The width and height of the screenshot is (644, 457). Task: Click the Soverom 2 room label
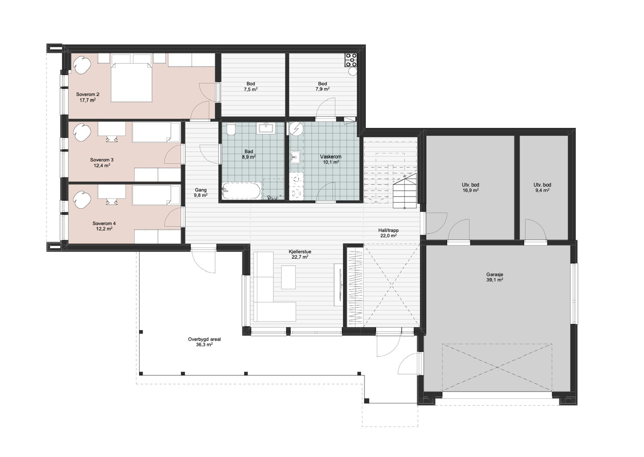pyautogui.click(x=88, y=94)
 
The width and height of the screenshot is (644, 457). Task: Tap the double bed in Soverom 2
pyautogui.click(x=132, y=82)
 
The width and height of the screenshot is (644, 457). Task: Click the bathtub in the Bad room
pyautogui.click(x=241, y=190)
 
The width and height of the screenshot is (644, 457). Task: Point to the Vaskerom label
pyautogui.click(x=331, y=157)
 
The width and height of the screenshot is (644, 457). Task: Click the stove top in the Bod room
pyautogui.click(x=351, y=60)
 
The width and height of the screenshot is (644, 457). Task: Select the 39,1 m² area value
pyautogui.click(x=495, y=280)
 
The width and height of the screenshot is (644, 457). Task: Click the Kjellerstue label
pyautogui.click(x=300, y=252)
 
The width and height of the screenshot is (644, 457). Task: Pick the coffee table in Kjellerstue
pyautogui.click(x=289, y=277)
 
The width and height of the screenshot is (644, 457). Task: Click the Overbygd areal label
pyautogui.click(x=204, y=339)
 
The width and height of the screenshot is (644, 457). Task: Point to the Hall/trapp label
pyautogui.click(x=389, y=230)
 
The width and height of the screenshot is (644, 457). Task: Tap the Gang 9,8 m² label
pyautogui.click(x=200, y=193)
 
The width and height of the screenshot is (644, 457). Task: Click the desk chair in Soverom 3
pyautogui.click(x=112, y=139)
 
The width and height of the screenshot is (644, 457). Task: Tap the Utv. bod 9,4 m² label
pyautogui.click(x=542, y=188)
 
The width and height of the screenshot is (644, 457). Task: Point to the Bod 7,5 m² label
pyautogui.click(x=251, y=87)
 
